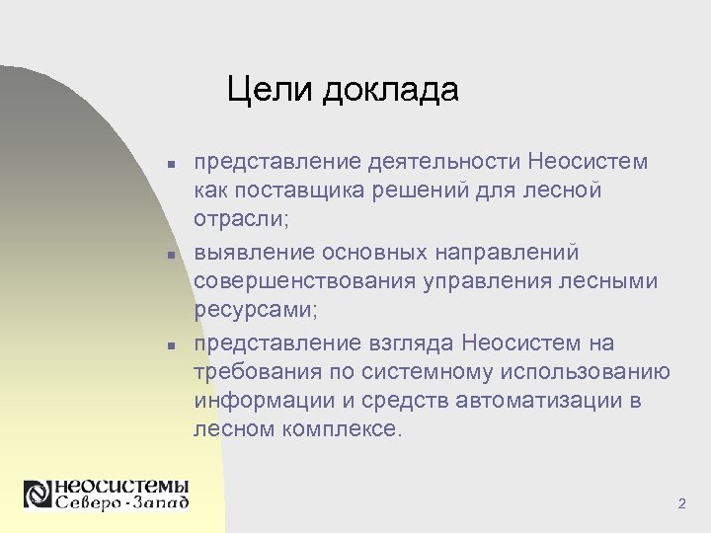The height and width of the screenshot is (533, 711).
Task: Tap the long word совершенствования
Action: point(304,281)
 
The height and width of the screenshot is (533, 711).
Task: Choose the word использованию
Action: point(587,372)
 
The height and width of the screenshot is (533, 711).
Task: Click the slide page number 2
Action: point(681,504)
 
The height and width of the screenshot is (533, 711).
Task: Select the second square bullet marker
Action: point(171,255)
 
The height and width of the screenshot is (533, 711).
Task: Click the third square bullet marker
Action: point(171,344)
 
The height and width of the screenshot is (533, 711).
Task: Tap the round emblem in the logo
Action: point(39,494)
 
